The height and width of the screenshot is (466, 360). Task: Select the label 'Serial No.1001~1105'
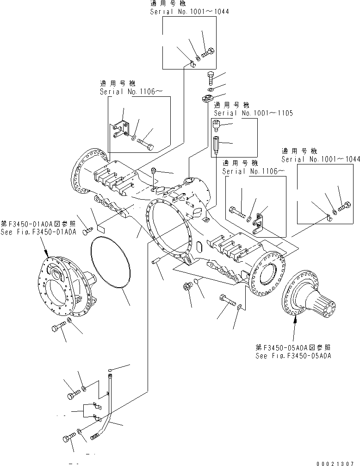[x=253, y=113]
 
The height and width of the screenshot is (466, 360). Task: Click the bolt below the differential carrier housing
[x=57, y=328]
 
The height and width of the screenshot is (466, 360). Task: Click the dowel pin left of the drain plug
[x=156, y=261]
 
